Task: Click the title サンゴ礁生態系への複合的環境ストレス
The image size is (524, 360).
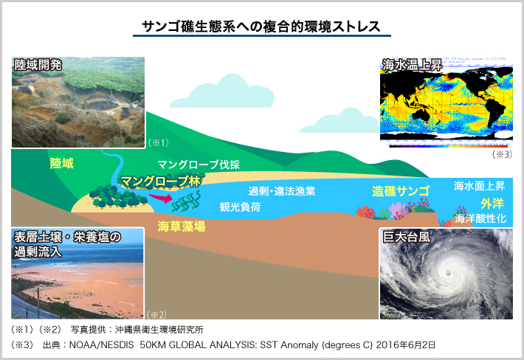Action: tap(261, 27)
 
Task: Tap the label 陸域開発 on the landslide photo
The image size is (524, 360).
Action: tap(38, 66)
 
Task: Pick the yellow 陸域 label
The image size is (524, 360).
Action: tap(62, 163)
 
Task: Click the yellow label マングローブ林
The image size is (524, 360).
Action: tap(160, 181)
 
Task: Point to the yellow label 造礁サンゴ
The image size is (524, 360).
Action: tap(401, 191)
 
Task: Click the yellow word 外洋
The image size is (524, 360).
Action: tap(492, 203)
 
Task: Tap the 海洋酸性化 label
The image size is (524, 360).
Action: tap(480, 218)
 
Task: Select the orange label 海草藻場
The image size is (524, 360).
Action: tap(182, 227)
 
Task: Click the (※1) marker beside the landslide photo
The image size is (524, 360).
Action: tap(159, 142)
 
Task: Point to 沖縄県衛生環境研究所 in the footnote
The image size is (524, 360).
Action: tap(159, 330)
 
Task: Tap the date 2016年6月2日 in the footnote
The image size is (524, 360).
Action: tap(406, 345)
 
